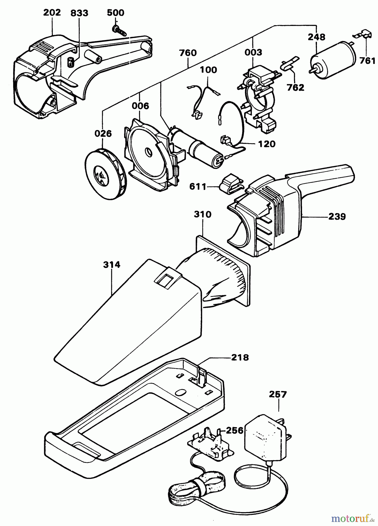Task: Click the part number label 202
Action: pyautogui.click(x=52, y=13)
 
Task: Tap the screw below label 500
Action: pyautogui.click(x=119, y=30)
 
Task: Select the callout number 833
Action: pyautogui.click(x=79, y=13)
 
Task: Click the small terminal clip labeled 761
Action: pyautogui.click(x=363, y=34)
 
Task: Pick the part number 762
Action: pyautogui.click(x=296, y=87)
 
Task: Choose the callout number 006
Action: pyautogui.click(x=140, y=106)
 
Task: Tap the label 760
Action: pyautogui.click(x=188, y=53)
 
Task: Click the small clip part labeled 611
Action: pyautogui.click(x=232, y=185)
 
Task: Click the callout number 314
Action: pyautogui.click(x=112, y=265)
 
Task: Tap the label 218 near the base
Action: pyautogui.click(x=240, y=357)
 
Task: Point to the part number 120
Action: pyautogui.click(x=267, y=144)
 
